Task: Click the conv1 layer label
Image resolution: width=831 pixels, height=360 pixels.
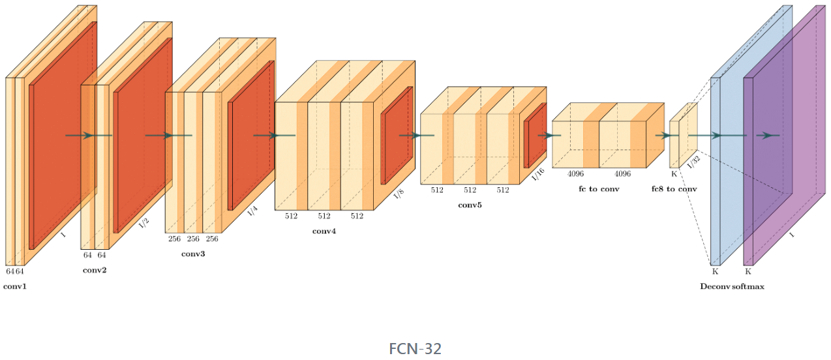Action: tap(15, 286)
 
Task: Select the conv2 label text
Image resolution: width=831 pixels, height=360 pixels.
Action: tap(95, 270)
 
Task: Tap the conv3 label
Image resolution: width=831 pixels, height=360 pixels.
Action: tap(193, 253)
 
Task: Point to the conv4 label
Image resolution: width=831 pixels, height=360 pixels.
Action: tap(324, 232)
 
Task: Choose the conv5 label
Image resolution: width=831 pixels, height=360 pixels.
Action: tap(470, 205)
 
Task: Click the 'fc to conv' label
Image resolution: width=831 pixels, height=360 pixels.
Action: tap(599, 188)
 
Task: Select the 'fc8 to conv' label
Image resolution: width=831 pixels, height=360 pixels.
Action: tap(674, 188)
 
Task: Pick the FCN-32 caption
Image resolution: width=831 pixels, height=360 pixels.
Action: tap(415, 349)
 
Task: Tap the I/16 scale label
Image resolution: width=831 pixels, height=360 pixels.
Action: tap(538, 175)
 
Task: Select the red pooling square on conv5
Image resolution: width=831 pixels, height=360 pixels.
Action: tap(535, 135)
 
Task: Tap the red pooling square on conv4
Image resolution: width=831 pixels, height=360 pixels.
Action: tap(397, 135)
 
